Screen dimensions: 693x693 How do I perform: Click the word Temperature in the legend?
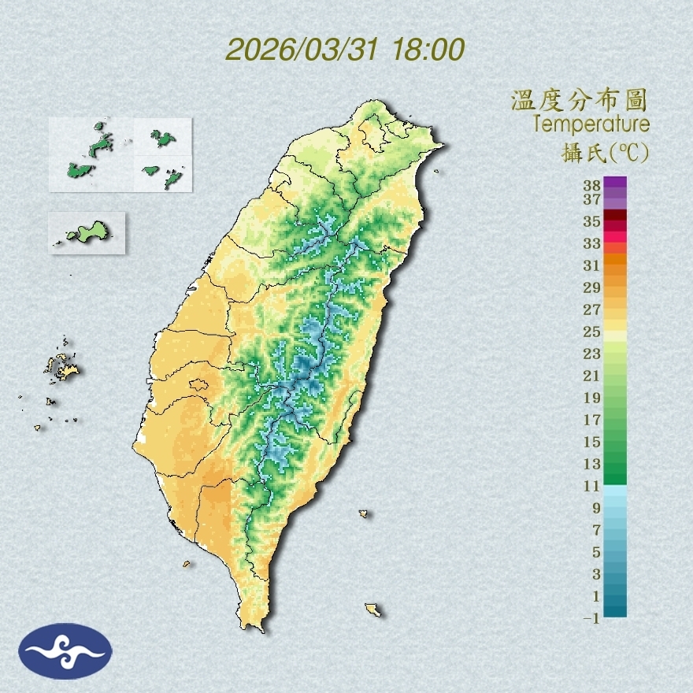591,124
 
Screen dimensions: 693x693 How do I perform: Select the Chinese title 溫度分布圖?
579,101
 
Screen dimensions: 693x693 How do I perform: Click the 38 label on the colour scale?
592,185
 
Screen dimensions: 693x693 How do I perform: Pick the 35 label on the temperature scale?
592,221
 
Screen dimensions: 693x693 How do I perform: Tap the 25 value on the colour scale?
592,331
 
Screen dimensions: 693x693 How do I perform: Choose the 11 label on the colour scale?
592,486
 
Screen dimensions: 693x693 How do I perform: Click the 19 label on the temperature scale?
592,397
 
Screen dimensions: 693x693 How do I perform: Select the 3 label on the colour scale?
596,574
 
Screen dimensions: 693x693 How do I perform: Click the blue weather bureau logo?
66,650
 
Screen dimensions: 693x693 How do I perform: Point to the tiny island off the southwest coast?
187,563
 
